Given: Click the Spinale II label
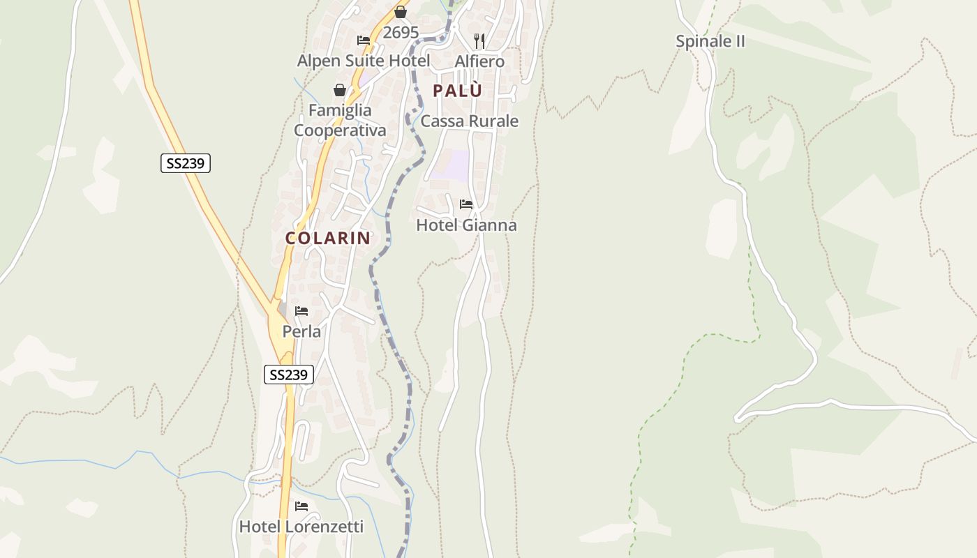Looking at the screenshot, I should [710, 41].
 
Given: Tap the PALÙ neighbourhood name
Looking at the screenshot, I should [457, 91].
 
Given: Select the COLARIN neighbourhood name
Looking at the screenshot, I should [327, 238].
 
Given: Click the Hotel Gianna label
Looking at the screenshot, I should [466, 225].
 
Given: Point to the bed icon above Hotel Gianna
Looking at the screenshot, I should [466, 204].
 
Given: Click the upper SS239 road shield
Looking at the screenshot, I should [185, 163].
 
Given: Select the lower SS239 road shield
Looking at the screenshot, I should [289, 375].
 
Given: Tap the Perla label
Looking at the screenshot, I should [301, 331].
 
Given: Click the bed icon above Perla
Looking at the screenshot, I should [301, 310].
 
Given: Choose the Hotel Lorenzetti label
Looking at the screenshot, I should [301, 527].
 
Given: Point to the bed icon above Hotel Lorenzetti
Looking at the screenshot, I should [301, 506].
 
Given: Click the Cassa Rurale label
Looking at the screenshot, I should [469, 121].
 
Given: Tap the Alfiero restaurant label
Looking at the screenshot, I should [479, 61].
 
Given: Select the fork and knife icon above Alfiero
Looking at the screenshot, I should [479, 40].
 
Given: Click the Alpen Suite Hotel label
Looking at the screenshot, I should [364, 61].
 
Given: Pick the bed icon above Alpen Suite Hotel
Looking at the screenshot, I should [364, 40].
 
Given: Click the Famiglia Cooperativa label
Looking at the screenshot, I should [340, 120].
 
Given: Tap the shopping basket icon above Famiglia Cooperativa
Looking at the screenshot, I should [340, 90].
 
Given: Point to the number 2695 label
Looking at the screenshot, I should [401, 33].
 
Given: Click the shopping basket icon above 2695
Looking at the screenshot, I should [401, 12].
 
